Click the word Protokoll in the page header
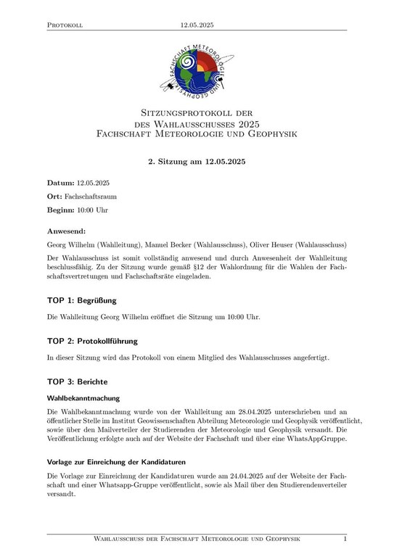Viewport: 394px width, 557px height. [65, 25]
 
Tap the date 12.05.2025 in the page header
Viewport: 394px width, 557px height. [197, 25]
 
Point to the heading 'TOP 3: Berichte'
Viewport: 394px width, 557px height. [78, 381]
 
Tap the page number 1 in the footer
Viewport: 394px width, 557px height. [345, 539]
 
